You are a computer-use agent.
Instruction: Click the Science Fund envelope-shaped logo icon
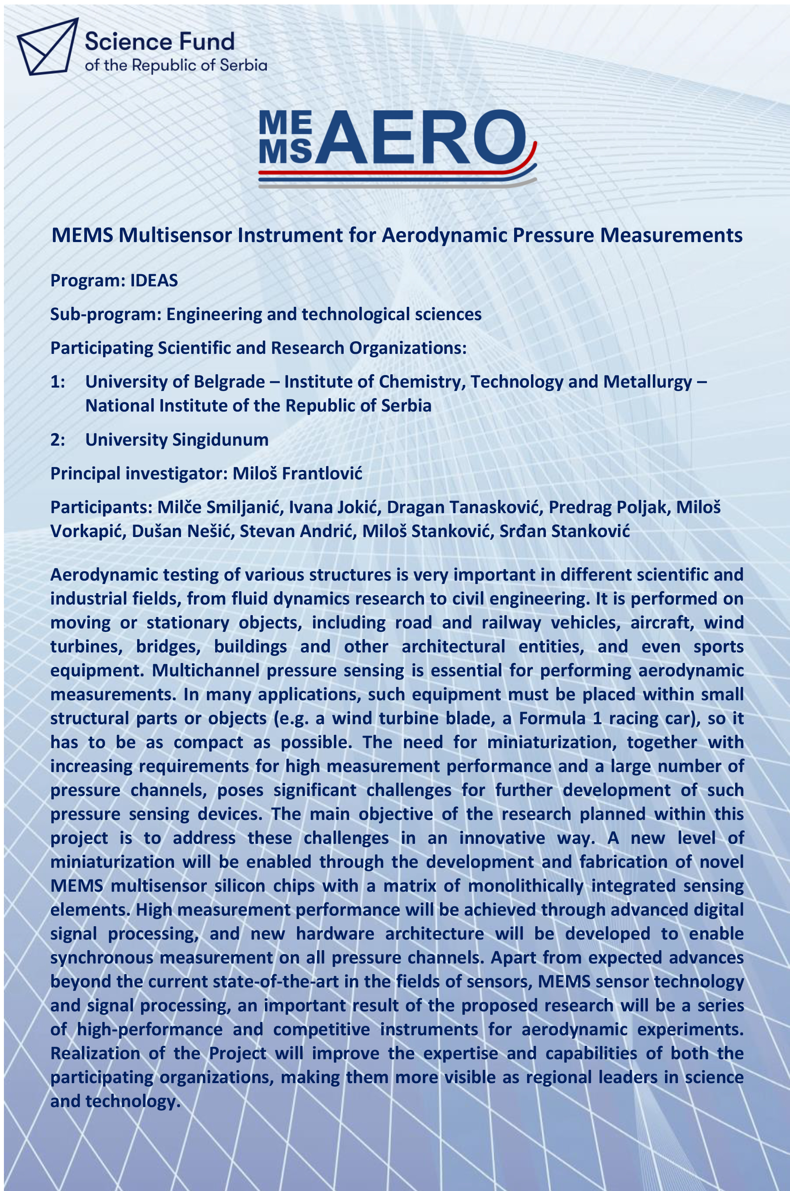[x=47, y=46]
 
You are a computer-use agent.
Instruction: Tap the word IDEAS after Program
[x=154, y=281]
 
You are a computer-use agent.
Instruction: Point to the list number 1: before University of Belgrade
[x=58, y=382]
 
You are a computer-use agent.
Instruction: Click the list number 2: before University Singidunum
[x=58, y=440]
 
